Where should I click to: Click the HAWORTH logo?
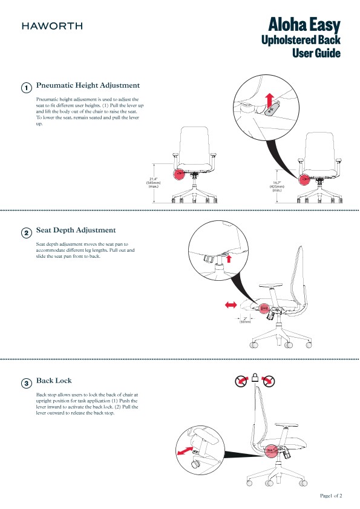coord(52,25)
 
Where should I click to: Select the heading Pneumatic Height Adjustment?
coord(88,85)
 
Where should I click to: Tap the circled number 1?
coord(27,88)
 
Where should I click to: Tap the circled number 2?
coord(27,233)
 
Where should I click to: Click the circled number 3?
coord(27,383)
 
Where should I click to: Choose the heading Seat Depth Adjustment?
coord(76,230)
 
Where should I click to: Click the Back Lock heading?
coord(54,381)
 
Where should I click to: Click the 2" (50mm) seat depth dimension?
coord(245,320)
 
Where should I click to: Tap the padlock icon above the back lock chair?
coord(256,378)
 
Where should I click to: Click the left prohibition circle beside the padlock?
coord(241,381)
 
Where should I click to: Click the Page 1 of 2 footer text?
coord(331,496)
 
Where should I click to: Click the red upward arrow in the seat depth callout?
coord(229,260)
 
